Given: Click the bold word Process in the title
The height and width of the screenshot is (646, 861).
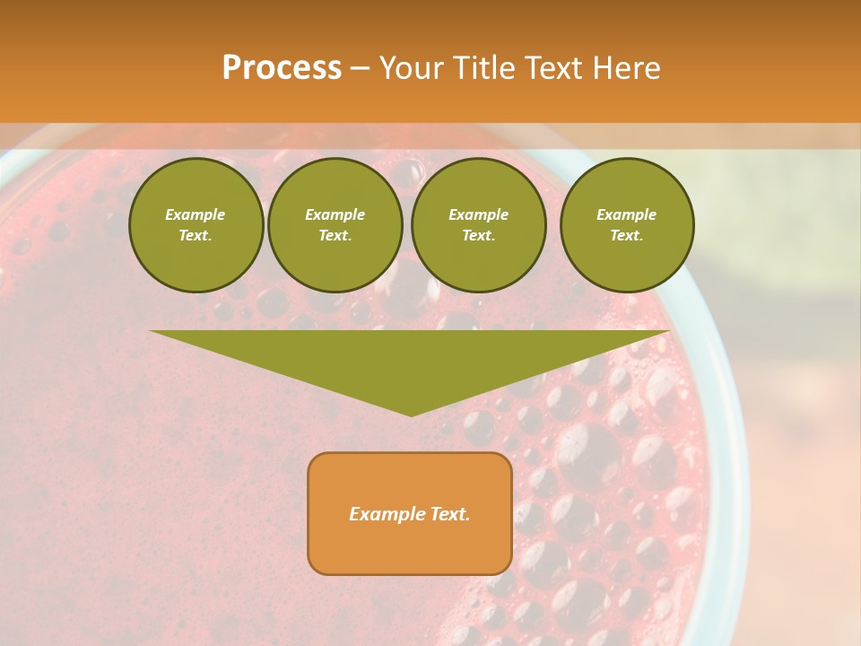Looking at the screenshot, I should [282, 68].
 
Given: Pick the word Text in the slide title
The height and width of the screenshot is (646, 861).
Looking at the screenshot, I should [559, 68].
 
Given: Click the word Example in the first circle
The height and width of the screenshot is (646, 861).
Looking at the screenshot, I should [196, 214].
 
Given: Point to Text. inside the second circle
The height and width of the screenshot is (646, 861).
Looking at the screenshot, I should [335, 235].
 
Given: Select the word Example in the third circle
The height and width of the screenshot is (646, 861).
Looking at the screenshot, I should [479, 214].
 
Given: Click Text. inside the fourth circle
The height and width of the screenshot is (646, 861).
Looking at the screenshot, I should [627, 235].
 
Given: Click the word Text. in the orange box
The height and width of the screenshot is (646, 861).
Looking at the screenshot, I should [449, 514].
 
